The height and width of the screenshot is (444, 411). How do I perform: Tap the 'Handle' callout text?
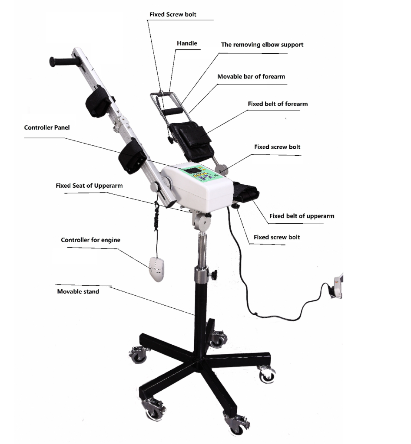(187, 43)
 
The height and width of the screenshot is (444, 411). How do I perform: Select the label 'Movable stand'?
(78, 292)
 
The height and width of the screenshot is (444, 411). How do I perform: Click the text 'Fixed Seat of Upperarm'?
(89, 186)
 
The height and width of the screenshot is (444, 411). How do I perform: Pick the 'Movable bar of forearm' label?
(251, 77)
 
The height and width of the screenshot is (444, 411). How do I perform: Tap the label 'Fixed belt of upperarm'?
(302, 216)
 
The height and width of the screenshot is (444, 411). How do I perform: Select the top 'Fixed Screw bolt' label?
(173, 14)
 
